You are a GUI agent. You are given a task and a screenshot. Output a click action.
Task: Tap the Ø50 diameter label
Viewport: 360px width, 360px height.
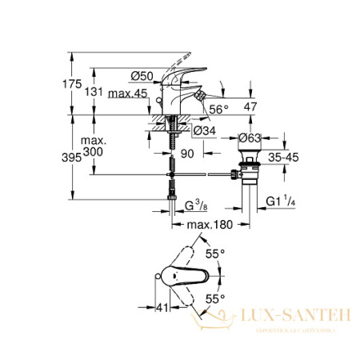point(141,75)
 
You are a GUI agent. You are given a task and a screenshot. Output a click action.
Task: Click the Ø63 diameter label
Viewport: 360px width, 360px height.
point(254,137)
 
